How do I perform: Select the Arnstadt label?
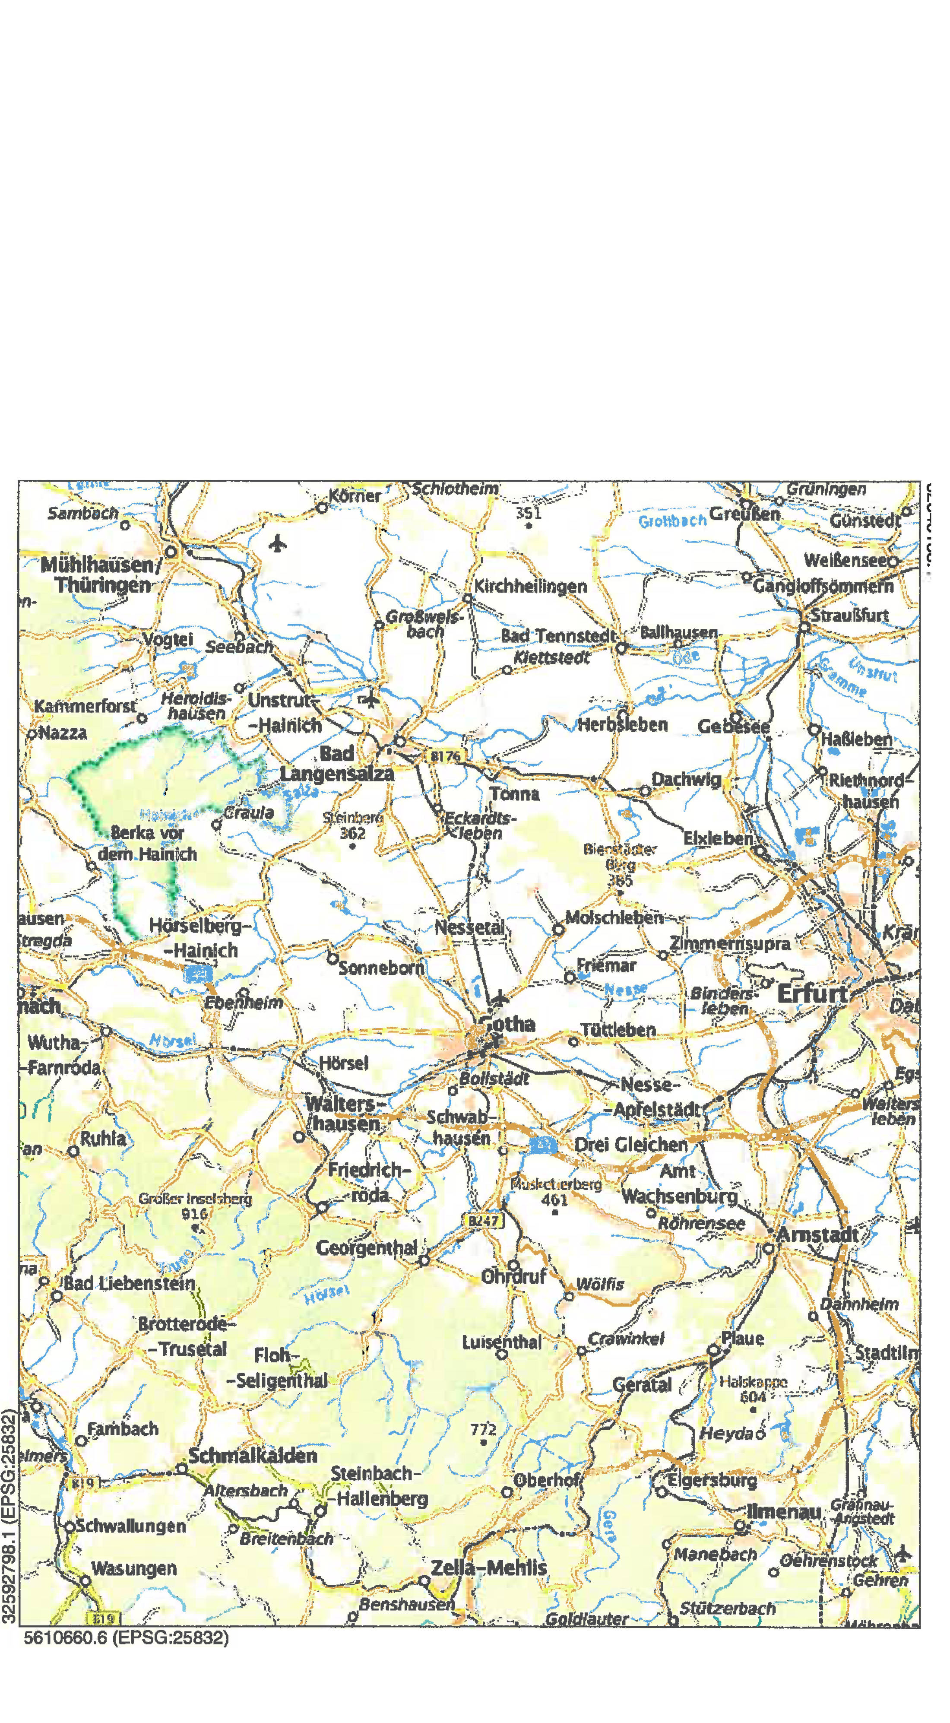[x=817, y=1235]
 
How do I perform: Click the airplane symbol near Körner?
[x=278, y=543]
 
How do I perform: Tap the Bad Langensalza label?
[x=337, y=764]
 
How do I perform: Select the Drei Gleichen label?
[x=631, y=1145]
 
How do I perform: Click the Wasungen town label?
[x=134, y=1568]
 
